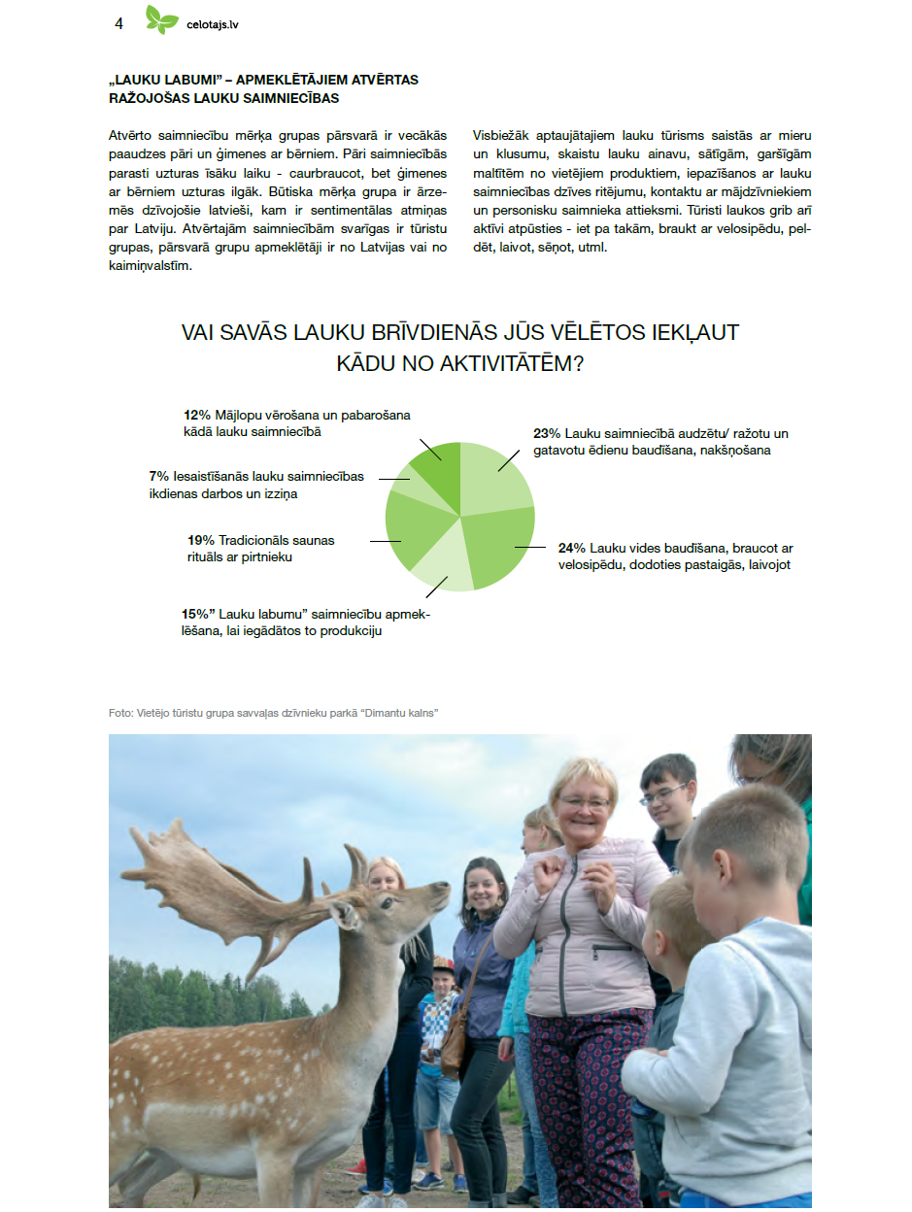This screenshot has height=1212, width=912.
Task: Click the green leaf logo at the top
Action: [162, 19]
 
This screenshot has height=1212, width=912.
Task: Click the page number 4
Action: [118, 24]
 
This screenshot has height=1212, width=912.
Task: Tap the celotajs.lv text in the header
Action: [212, 25]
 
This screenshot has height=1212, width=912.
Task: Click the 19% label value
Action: [200, 540]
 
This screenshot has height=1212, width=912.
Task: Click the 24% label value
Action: [572, 548]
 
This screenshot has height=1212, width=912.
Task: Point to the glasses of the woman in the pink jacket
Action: [584, 803]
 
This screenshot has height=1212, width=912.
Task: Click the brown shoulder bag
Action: [454, 1050]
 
